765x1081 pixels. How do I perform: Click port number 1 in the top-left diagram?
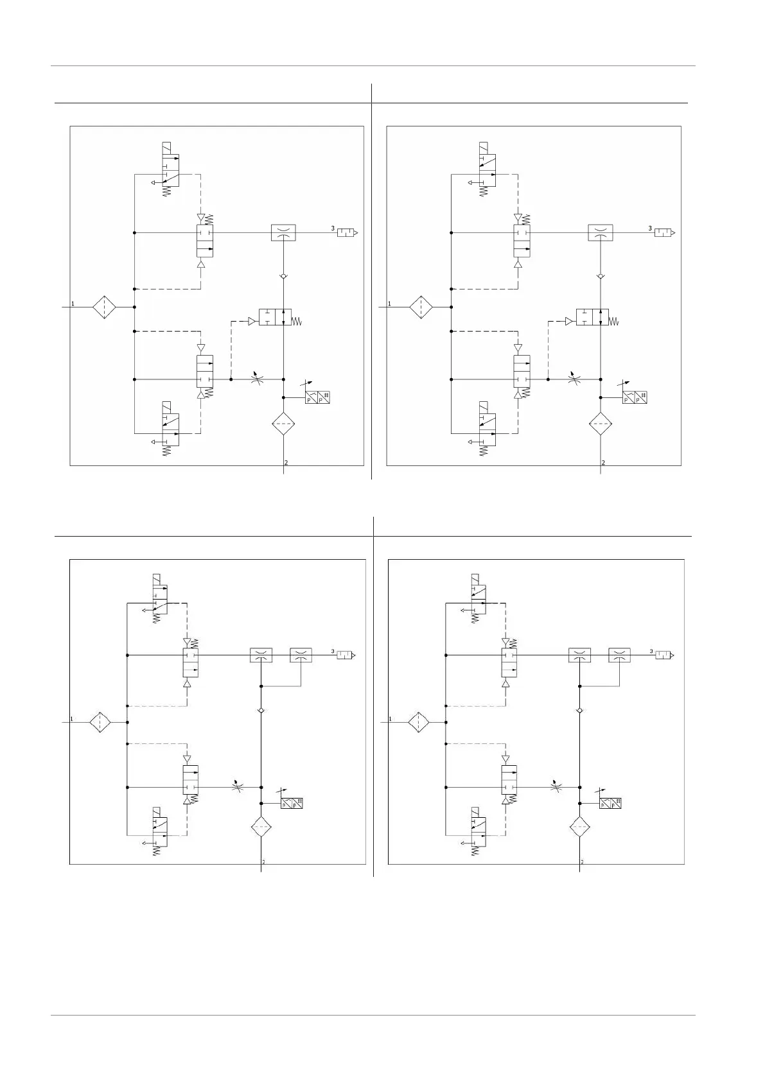pos(73,303)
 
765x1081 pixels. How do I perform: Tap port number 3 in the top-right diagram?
pos(649,228)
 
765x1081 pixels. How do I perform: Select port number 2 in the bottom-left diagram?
pos(263,861)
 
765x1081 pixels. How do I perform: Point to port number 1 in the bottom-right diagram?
pos(389,719)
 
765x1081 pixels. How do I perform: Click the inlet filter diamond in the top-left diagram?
pos(103,307)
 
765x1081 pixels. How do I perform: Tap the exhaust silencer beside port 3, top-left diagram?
pos(346,232)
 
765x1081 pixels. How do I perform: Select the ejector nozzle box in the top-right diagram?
pos(600,232)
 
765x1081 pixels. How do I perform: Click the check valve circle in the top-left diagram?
pos(283,277)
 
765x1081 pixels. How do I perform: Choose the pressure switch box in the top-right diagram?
pos(635,397)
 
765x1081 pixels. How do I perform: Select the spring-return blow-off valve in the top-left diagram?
pos(276,317)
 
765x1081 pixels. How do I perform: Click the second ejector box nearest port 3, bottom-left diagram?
pos(301,655)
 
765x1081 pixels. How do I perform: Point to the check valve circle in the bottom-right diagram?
pos(579,711)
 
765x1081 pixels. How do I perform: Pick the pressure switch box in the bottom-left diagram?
pos(292,802)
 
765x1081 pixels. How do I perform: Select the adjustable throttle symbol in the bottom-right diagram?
pos(556,787)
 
